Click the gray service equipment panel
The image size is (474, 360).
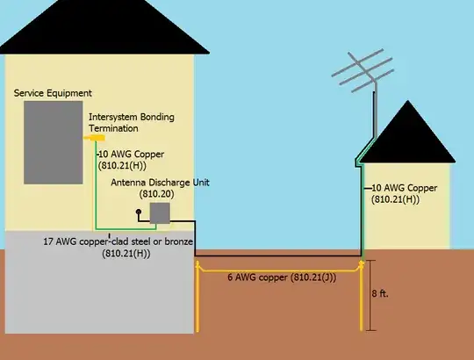[x=53, y=140]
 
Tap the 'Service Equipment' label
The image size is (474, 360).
[x=53, y=93]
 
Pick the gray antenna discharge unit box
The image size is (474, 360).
[x=160, y=212]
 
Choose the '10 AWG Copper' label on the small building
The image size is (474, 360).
[x=404, y=193]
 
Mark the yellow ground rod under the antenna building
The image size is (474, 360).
[x=363, y=299]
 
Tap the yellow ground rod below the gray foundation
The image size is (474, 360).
[x=198, y=303]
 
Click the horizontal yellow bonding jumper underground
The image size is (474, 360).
[x=279, y=265]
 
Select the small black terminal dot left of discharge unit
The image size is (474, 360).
[x=138, y=212]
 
